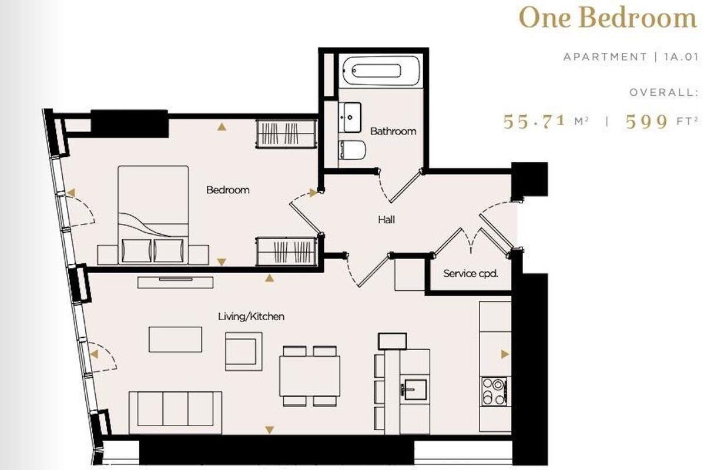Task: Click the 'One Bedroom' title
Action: click(x=608, y=18)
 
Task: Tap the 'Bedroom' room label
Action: click(x=227, y=190)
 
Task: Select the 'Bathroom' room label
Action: click(x=393, y=131)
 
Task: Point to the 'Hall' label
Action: click(x=386, y=220)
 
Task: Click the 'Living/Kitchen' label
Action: click(x=251, y=317)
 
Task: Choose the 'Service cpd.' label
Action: click(x=471, y=273)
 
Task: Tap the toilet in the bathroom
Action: click(x=353, y=150)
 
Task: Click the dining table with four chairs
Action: click(x=309, y=376)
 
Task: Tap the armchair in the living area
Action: click(x=244, y=351)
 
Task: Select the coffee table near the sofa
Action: click(x=175, y=340)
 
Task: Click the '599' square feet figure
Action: click(x=647, y=122)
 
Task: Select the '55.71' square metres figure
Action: click(x=535, y=122)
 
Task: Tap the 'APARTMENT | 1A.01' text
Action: click(x=630, y=57)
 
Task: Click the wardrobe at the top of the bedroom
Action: click(x=287, y=133)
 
